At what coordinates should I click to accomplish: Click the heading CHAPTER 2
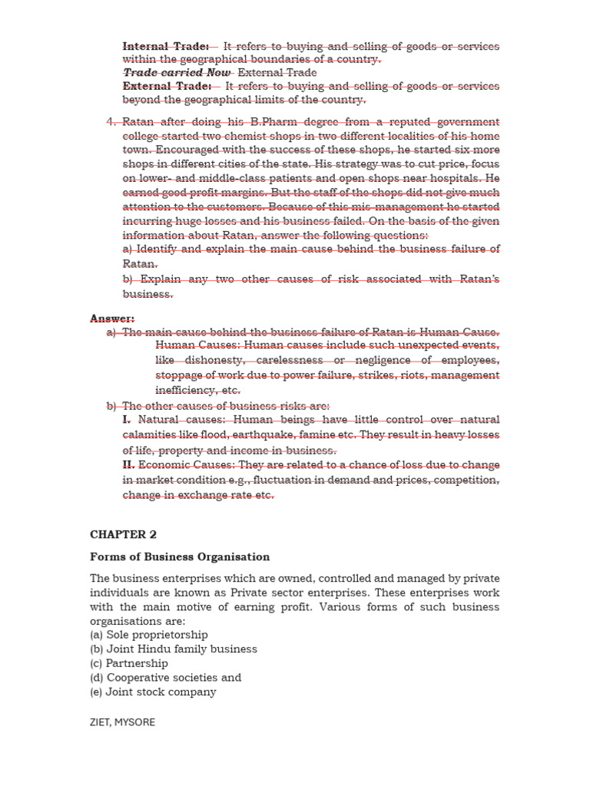click(123, 534)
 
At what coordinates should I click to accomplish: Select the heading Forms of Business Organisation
click(180, 556)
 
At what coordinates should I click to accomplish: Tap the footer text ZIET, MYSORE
click(122, 722)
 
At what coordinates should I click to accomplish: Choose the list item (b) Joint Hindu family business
click(174, 649)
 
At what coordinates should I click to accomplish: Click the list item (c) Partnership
click(129, 663)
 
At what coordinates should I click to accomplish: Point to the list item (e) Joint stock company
click(153, 692)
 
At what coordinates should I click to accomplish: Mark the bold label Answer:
click(112, 319)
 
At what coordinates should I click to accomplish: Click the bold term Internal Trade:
click(166, 46)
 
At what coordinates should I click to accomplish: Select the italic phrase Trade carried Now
click(177, 73)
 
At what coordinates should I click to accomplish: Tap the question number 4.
click(111, 122)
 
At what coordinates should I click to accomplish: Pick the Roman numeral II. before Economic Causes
click(128, 465)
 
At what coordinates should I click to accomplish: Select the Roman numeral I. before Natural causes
click(127, 420)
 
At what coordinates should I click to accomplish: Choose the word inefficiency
click(185, 390)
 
